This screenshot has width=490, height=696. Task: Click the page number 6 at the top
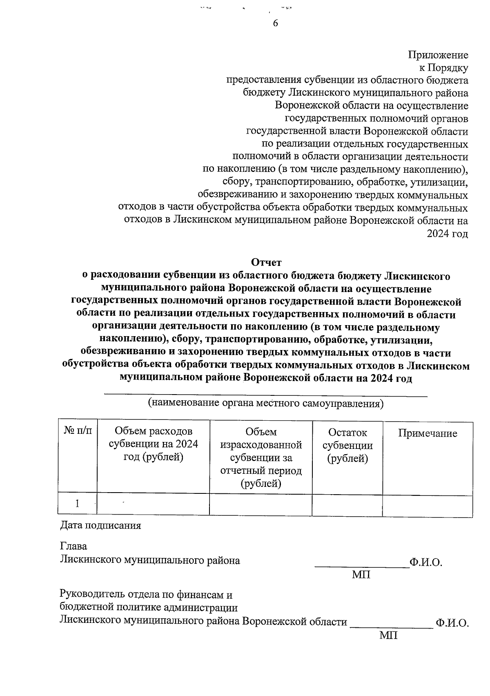click(x=275, y=23)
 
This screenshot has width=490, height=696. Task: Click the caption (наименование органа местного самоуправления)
click(x=266, y=404)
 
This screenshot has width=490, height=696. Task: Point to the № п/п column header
click(x=78, y=431)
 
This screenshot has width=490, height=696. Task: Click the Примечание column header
click(x=428, y=433)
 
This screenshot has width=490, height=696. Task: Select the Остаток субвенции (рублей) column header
click(x=347, y=445)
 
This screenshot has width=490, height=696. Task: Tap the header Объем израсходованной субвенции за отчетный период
click(x=261, y=457)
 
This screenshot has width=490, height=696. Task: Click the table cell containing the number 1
click(x=77, y=503)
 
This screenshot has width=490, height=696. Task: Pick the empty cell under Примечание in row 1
click(x=428, y=506)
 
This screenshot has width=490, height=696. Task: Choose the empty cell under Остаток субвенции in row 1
click(x=347, y=506)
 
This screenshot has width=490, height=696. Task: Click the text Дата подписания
click(x=100, y=525)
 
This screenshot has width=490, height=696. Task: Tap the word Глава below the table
click(x=73, y=546)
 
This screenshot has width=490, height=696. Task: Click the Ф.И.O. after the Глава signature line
click(x=426, y=562)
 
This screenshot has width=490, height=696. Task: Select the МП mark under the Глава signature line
click(x=361, y=575)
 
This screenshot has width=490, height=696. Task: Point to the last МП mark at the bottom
click(x=388, y=636)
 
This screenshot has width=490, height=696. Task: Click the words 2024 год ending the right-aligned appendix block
click(x=448, y=234)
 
